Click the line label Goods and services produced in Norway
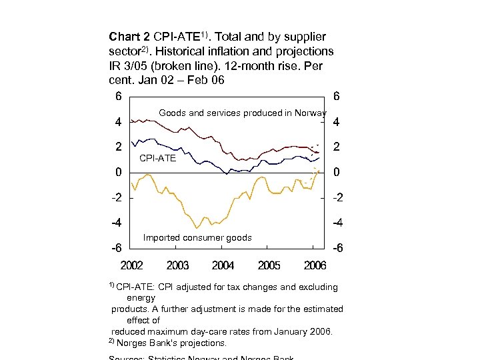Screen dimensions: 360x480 [x=243, y=113]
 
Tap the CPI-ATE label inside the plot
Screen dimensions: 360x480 [x=158, y=159]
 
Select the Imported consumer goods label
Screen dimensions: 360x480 [x=197, y=238]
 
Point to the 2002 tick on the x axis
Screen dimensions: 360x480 [x=131, y=266]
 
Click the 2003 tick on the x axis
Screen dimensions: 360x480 [x=177, y=266]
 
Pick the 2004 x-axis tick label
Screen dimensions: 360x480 [x=223, y=266]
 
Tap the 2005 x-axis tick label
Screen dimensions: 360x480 [x=269, y=266]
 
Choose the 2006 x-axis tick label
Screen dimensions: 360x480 [x=315, y=266]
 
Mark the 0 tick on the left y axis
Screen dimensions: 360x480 [x=118, y=173]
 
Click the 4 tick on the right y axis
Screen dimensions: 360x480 [x=337, y=123]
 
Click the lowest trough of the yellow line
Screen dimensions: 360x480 [x=196, y=228]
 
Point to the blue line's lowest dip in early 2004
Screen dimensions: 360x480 [x=227, y=173]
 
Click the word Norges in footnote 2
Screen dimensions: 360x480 [x=133, y=343]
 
